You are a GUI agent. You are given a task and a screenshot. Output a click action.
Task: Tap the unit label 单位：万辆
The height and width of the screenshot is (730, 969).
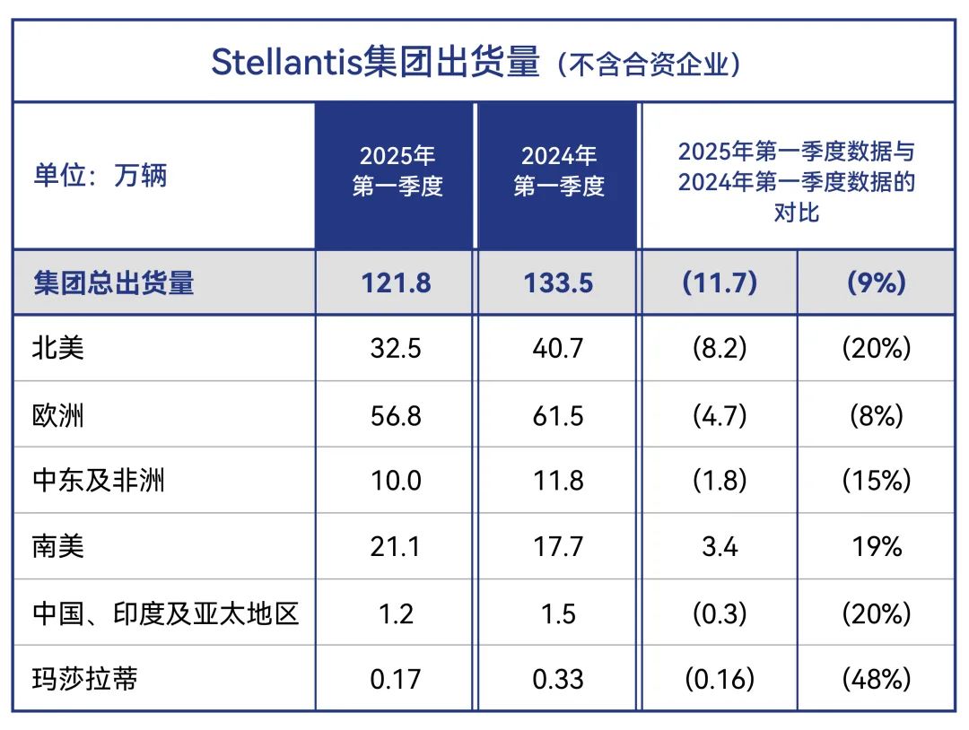[100, 175]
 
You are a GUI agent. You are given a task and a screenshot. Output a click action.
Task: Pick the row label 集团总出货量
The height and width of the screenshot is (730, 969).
[114, 282]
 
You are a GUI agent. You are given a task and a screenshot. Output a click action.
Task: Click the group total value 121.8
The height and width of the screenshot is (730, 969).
[397, 282]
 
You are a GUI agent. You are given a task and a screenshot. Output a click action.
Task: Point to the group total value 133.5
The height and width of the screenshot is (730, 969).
[559, 282]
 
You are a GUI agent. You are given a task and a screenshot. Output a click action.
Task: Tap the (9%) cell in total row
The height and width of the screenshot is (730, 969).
[876, 282]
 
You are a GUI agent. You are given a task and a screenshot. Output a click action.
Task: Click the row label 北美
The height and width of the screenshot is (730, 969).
[58, 348]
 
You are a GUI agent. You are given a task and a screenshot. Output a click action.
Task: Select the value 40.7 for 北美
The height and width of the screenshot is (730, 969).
[559, 348]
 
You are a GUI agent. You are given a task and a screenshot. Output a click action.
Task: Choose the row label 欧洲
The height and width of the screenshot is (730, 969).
[58, 414]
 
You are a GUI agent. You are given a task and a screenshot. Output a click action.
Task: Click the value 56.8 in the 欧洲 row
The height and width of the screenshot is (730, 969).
[397, 414]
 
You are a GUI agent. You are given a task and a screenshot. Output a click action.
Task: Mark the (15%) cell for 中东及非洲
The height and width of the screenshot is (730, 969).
[876, 481]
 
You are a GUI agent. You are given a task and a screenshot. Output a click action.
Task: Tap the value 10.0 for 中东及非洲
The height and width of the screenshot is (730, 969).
[397, 481]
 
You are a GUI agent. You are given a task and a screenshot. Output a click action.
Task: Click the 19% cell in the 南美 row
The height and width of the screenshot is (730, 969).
[876, 546]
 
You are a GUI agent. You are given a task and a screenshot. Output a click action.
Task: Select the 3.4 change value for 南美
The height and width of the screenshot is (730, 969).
[720, 546]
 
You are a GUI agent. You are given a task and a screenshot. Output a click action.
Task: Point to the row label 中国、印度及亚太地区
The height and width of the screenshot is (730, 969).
[165, 613]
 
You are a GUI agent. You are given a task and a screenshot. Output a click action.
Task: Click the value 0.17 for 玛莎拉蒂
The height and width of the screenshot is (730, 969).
[397, 679]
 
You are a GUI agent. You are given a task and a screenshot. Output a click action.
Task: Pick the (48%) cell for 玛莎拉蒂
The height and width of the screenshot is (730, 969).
[876, 679]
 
